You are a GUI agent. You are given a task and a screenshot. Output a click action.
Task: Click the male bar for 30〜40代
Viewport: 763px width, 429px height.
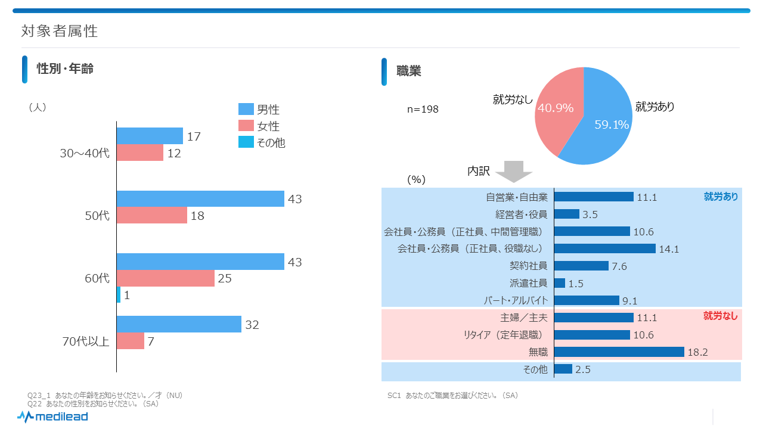[150, 136]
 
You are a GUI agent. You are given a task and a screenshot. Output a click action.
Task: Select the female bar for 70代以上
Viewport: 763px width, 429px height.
[131, 341]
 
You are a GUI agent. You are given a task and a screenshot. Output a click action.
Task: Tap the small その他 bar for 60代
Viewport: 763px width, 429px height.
[119, 294]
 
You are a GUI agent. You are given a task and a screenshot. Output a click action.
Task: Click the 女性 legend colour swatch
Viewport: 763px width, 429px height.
[246, 126]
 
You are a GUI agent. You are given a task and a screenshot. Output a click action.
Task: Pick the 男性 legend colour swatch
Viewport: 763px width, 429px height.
[246, 109]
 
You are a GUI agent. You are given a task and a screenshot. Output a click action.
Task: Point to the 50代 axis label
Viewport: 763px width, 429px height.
[98, 216]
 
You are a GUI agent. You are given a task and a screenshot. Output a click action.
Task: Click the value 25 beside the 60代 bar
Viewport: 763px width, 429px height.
[225, 278]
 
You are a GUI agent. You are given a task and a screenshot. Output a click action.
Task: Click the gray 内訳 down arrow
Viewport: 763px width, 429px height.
[513, 171]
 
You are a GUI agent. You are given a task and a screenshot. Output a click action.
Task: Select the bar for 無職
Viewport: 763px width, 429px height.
[619, 352]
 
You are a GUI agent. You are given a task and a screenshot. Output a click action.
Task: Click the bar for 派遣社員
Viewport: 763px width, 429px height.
[560, 283]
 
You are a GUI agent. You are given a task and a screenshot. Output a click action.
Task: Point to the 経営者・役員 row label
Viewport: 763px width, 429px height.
[521, 214]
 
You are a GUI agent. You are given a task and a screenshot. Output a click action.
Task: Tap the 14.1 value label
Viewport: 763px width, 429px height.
[669, 249]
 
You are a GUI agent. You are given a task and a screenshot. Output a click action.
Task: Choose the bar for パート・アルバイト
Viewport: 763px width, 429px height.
[587, 300]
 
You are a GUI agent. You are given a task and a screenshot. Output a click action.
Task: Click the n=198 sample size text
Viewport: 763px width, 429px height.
[423, 109]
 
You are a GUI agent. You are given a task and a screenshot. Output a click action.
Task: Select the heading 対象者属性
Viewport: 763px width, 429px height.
[60, 31]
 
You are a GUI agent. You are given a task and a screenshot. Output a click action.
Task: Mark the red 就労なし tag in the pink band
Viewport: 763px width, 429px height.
[720, 316]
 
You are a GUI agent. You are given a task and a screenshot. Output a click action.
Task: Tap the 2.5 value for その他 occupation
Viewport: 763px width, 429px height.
[583, 370]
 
